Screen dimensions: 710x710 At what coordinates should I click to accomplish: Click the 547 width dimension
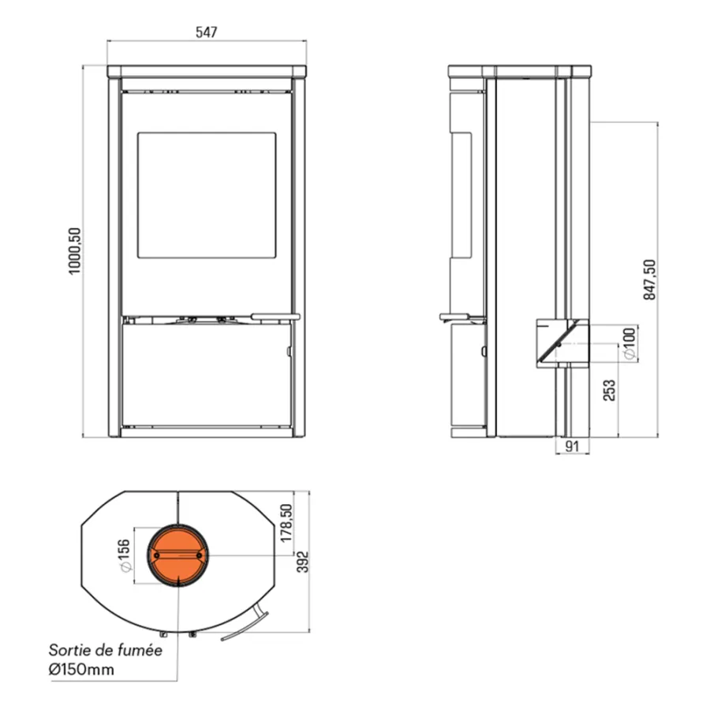(x=207, y=32)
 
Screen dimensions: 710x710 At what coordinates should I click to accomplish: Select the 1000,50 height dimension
(x=75, y=251)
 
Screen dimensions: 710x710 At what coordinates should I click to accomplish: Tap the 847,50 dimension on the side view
(x=650, y=279)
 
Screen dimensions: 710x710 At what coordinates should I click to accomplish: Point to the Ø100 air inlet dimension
(x=630, y=344)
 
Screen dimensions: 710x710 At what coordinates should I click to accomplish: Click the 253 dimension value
(x=610, y=390)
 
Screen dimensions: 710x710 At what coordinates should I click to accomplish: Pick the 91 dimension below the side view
(x=573, y=447)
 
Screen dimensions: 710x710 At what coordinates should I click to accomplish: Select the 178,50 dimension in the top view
(x=286, y=523)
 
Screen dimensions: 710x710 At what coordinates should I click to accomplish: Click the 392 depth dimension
(x=302, y=562)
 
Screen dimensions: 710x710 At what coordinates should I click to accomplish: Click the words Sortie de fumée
(x=105, y=650)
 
